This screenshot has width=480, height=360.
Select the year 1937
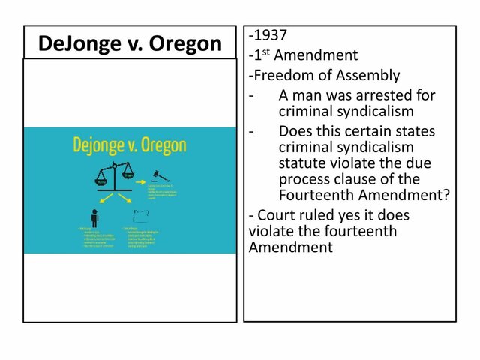pyautogui.click(x=271, y=36)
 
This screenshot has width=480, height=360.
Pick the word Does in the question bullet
pyautogui.click(x=295, y=131)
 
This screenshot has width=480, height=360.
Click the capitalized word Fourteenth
pyautogui.click(x=317, y=196)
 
